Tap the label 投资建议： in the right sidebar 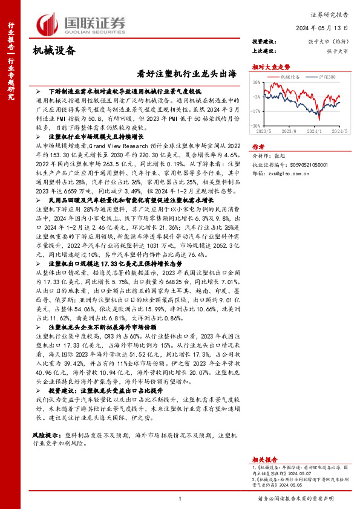pyautogui.click(x=264, y=41)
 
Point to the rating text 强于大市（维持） pyautogui.click(x=330, y=41)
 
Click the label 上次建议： pyautogui.click(x=264, y=51)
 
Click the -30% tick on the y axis pyautogui.click(x=257, y=125)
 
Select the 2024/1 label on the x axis pyautogui.click(x=321, y=131)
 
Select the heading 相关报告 pyautogui.click(x=265, y=459)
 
